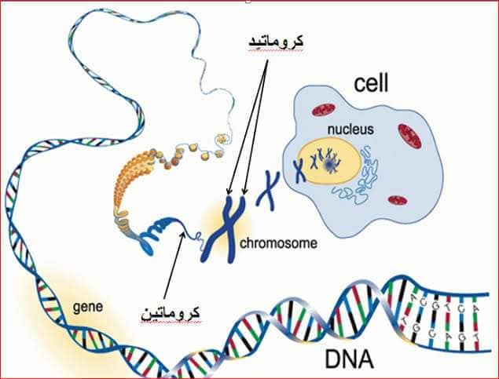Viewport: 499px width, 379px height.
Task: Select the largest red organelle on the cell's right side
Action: pyautogui.click(x=412, y=137)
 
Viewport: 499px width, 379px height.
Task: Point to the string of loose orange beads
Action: pyautogui.click(x=194, y=154)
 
